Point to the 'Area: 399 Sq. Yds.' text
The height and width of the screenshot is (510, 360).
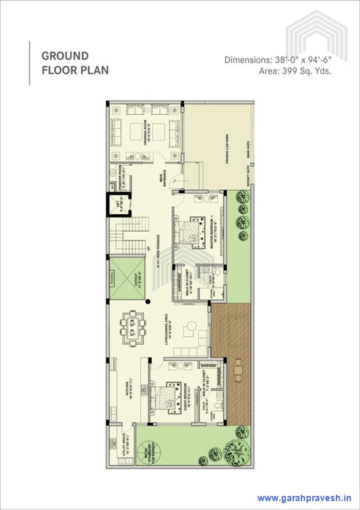point(295,71)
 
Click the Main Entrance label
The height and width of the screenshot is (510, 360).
point(163,178)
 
